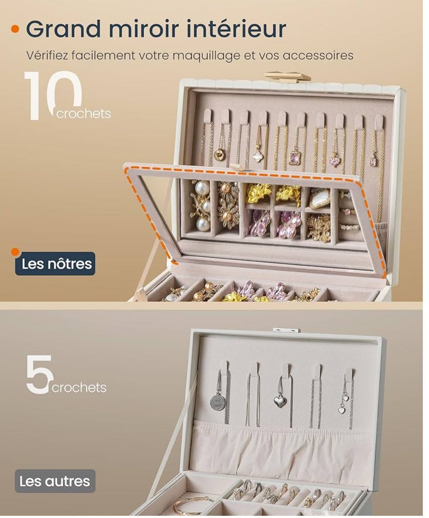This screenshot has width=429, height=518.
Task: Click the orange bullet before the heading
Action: (x=15, y=29)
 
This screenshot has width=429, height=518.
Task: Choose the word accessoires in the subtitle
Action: (x=318, y=56)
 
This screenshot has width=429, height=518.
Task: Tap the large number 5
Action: (x=40, y=374)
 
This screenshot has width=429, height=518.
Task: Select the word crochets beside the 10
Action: (x=84, y=114)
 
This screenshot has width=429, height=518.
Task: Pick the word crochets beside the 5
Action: (x=79, y=388)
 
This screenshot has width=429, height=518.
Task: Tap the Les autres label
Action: (x=55, y=481)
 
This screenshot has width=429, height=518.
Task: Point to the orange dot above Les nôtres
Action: (x=16, y=252)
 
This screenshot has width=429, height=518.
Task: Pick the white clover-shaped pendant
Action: (x=258, y=156)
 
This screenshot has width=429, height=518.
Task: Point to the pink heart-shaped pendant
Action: (x=336, y=161)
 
